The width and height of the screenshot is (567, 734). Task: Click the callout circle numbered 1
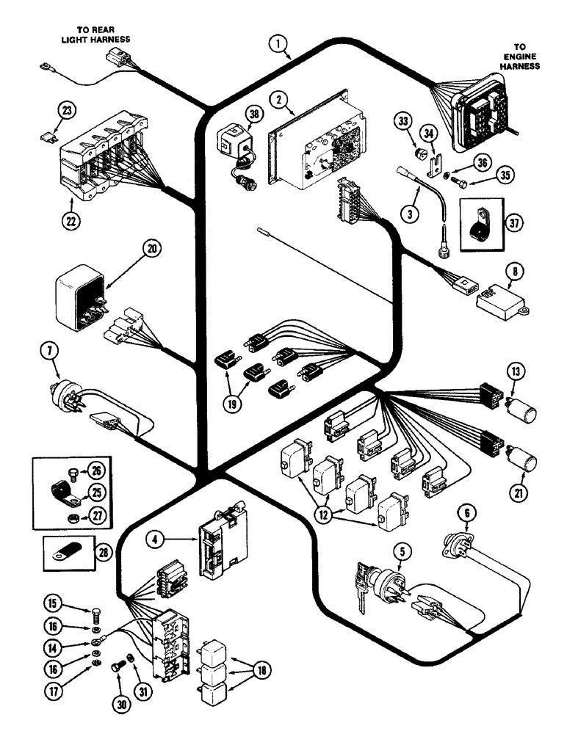point(278,44)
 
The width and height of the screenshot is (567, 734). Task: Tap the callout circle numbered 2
point(277,98)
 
